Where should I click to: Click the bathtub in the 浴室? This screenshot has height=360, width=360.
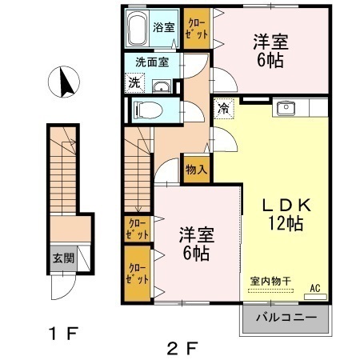point(137,28)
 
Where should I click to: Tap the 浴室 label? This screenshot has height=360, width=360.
point(164,27)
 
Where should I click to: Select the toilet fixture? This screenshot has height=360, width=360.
point(147,110)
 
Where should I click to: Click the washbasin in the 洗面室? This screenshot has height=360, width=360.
point(162,86)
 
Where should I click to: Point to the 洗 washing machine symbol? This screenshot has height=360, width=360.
point(134,83)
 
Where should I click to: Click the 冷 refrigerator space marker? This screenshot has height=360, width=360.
point(223,108)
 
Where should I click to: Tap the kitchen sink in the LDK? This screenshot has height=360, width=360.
point(286,108)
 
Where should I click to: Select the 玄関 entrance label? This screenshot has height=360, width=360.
point(63,258)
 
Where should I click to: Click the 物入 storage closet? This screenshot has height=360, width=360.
point(196,170)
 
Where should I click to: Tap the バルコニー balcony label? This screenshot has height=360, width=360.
point(286,318)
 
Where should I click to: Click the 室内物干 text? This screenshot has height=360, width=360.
point(270,281)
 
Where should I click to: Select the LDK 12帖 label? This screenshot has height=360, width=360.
point(286,214)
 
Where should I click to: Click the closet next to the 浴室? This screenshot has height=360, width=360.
point(197,28)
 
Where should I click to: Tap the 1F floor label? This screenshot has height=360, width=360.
point(63,333)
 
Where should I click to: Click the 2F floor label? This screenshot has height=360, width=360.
point(182,349)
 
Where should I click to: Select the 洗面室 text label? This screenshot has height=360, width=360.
point(152,62)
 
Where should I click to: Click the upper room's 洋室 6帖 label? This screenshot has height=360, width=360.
point(270,51)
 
